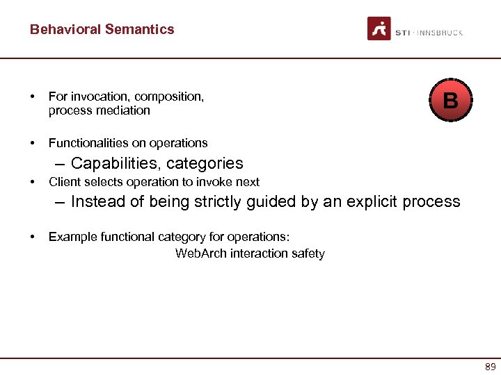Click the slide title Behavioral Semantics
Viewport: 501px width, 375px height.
tap(102, 29)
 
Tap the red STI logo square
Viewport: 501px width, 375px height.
tap(379, 29)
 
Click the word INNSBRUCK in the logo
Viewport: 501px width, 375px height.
tap(440, 33)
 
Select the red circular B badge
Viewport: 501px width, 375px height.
tap(450, 101)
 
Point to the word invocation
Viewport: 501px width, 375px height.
tap(96, 97)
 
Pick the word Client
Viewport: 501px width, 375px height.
tap(64, 182)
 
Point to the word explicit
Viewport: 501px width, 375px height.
tap(367, 202)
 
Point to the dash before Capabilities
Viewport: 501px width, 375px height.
tap(58, 164)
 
